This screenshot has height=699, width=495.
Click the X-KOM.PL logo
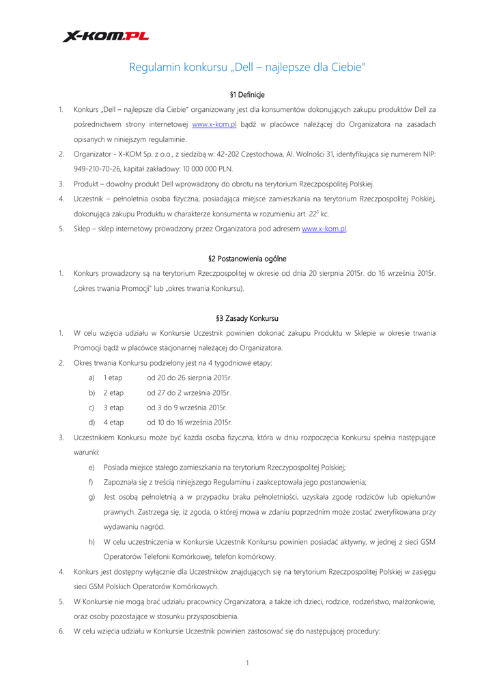(x=105, y=36)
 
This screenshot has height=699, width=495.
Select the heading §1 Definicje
(x=247, y=94)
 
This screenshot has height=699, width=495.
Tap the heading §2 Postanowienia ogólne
(x=247, y=259)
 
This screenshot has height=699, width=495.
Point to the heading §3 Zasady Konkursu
(x=247, y=318)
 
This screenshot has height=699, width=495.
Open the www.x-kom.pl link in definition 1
(x=214, y=124)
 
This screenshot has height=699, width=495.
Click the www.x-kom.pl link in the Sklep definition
(x=324, y=229)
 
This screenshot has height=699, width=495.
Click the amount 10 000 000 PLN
(x=212, y=169)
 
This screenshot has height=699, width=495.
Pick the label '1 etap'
(x=113, y=377)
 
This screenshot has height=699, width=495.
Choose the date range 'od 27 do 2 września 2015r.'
(x=189, y=393)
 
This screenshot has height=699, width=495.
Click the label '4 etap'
(x=113, y=422)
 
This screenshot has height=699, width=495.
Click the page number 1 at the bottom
(x=247, y=663)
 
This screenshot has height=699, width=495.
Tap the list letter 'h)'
(x=91, y=541)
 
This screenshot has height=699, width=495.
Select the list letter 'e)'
(x=91, y=467)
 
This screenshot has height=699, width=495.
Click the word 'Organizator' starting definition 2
(x=93, y=154)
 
